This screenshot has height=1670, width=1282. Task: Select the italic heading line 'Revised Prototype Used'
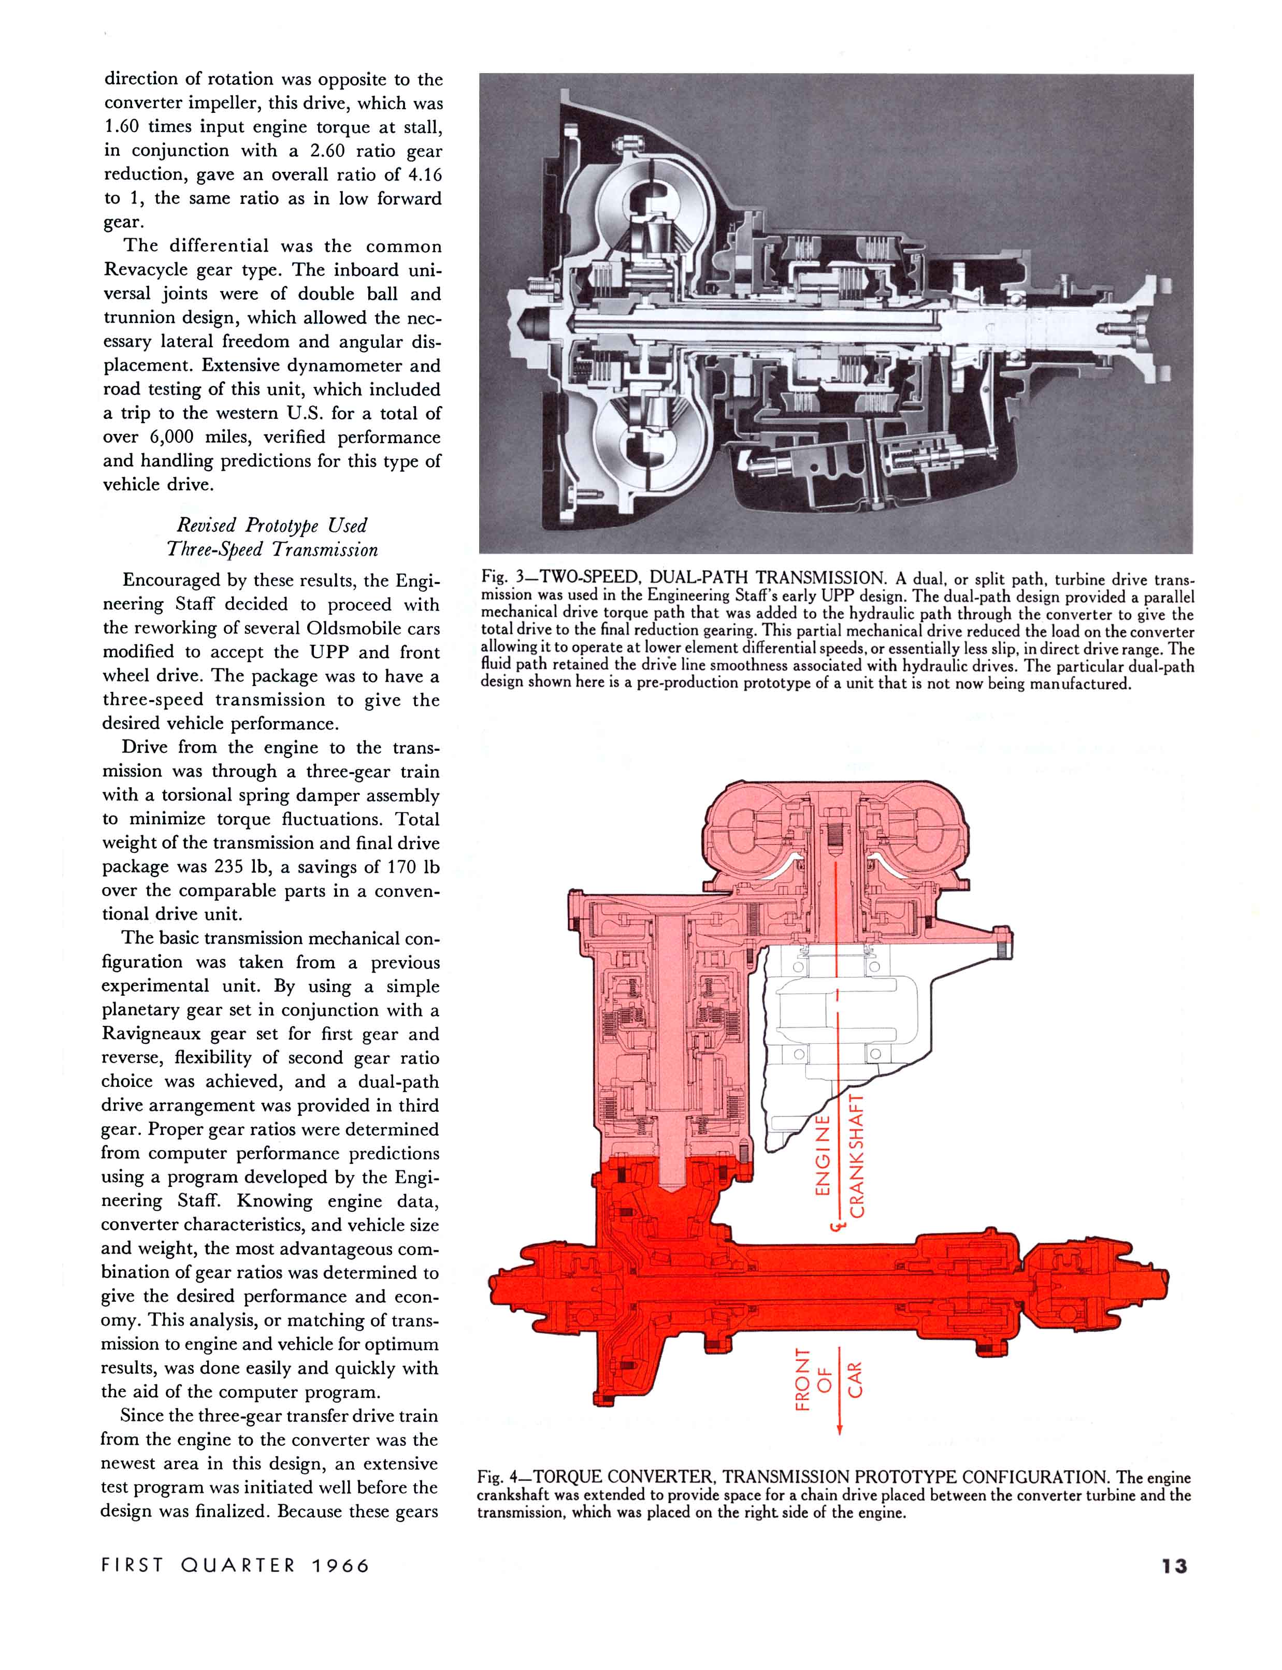(x=271, y=525)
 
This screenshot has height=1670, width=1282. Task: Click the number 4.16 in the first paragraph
(x=424, y=174)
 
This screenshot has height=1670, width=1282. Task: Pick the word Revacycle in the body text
(x=150, y=270)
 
